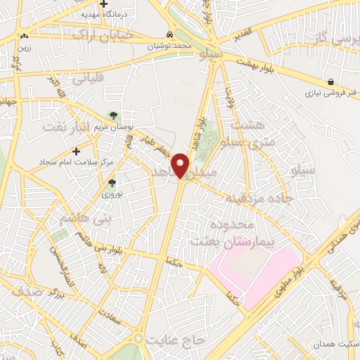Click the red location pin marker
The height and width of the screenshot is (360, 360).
tap(182, 165)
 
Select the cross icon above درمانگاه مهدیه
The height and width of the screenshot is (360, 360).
tap(103, 4)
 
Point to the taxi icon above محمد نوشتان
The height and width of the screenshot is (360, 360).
tap(169, 34)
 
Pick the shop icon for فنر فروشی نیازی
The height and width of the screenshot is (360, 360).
tap(330, 81)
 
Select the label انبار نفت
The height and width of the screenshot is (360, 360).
tap(67, 126)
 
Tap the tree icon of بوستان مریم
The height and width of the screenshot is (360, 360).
tap(113, 115)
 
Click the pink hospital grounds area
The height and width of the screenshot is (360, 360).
tap(260, 271)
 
